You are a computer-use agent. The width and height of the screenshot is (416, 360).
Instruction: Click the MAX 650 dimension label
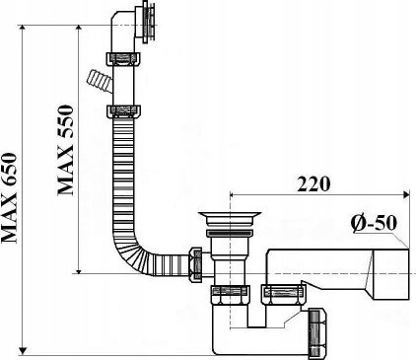[9, 198]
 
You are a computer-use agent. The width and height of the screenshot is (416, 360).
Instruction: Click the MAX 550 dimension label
[65, 150]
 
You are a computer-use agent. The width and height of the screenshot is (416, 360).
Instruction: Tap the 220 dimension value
[313, 184]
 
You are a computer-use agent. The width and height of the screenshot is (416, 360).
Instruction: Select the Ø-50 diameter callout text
[374, 223]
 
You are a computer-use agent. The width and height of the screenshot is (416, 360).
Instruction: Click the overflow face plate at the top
[149, 22]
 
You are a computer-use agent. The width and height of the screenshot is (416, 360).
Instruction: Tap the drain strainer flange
[230, 218]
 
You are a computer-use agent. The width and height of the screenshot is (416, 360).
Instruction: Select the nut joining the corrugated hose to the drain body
[195, 264]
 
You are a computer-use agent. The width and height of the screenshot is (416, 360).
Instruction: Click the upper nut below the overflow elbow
[123, 59]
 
